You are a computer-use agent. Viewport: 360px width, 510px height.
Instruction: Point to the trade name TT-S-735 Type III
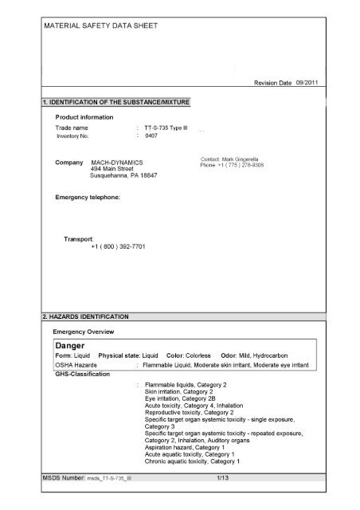[x=167, y=127]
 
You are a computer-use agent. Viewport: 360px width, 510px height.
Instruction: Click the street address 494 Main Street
[x=118, y=168]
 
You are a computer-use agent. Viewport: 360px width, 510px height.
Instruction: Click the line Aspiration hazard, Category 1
[x=186, y=449]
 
